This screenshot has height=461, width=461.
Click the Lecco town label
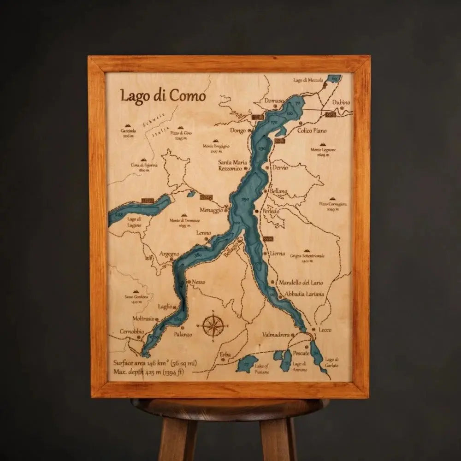tap(325, 330)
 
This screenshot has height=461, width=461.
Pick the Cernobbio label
tap(132, 331)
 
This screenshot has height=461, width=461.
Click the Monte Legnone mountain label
tap(323, 150)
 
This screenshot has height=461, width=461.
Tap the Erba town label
tap(225, 354)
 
